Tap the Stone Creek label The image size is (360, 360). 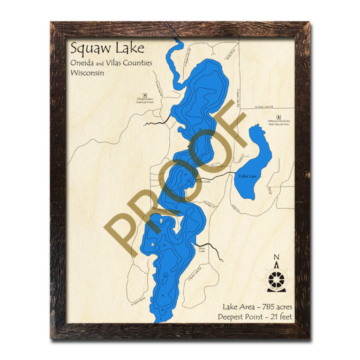[202, 250]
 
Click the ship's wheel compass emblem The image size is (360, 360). [276, 280]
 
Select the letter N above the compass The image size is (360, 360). [276, 256]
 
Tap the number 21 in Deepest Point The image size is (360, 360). [270, 317]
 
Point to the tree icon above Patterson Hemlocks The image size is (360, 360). [278, 116]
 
